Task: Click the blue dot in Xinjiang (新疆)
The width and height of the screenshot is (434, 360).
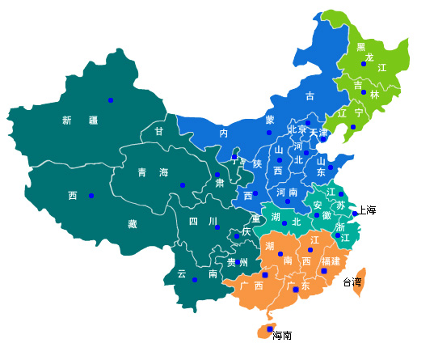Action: coord(111,100)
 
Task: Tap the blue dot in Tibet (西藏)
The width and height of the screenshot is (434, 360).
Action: coord(91,196)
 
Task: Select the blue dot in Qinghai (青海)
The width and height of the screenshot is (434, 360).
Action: coord(183,186)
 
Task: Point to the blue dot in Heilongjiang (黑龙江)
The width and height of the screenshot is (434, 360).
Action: coord(364,64)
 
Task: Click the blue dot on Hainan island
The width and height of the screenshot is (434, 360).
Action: coord(269,328)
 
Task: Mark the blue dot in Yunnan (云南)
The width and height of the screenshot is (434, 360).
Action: coord(195,280)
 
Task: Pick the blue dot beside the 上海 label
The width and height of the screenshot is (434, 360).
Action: coord(355,214)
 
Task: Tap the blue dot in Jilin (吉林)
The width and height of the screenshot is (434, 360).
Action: coord(364,92)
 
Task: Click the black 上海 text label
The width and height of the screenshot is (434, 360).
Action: coord(367,210)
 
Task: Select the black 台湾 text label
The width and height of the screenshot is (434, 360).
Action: coord(352,283)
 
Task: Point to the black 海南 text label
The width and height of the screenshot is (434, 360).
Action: coord(282,336)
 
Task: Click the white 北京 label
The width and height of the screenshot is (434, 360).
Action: coord(297,130)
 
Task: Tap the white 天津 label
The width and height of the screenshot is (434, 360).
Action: coord(318,132)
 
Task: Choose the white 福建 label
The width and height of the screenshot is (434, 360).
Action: coord(331,261)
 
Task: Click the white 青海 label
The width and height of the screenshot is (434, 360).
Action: coord(153,172)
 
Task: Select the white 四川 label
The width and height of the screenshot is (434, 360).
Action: coord(203,221)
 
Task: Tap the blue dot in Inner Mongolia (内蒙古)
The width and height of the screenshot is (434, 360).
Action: coord(269,132)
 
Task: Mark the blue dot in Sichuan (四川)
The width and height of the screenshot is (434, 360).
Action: coord(217,227)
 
